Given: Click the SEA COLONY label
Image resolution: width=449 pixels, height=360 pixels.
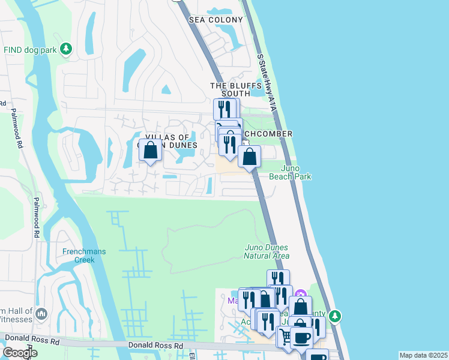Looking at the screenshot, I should coord(216,20).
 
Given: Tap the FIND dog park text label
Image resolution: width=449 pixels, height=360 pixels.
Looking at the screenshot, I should coord(30,49).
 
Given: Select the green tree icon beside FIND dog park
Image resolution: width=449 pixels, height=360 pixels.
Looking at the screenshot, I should coord(67,49).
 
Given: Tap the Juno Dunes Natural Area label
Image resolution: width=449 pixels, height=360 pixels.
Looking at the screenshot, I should coord(267,251).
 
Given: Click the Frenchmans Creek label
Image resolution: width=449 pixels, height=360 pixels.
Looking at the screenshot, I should coord(84,256).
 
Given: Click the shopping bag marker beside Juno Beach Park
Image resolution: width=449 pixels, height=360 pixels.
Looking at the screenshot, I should coord(250,157).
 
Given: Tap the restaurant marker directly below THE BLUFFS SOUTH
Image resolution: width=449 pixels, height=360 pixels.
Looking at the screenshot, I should coord(224,109).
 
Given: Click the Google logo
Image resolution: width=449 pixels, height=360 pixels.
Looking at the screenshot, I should coord(20,353).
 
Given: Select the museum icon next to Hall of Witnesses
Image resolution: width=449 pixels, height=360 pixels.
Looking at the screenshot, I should coord(41,314).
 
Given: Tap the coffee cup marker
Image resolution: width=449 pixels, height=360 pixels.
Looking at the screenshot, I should coord(301,338).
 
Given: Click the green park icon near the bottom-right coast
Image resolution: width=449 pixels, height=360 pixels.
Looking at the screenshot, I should coord(335,315).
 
